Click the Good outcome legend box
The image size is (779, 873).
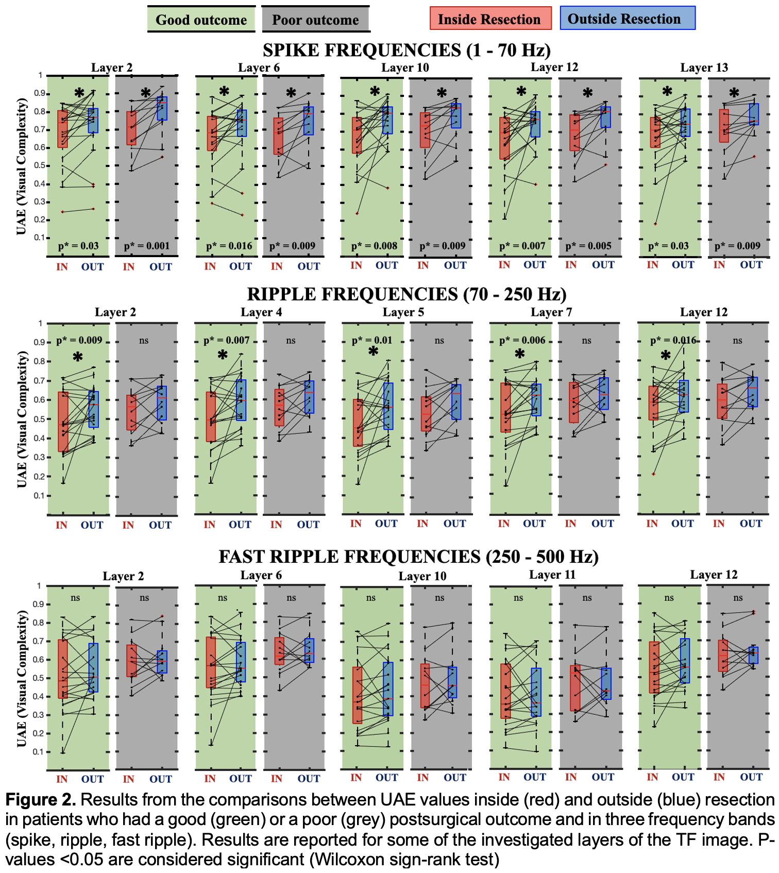click(201, 20)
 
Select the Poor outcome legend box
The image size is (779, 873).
click(315, 20)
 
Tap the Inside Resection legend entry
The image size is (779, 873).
click(490, 19)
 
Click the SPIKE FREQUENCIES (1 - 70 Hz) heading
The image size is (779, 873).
click(407, 50)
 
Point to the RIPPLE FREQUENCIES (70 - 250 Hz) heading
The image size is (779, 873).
click(407, 294)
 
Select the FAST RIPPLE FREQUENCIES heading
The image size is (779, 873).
click(409, 557)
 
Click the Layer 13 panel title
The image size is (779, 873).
click(704, 68)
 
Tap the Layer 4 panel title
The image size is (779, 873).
click(261, 312)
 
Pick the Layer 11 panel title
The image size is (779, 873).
click(552, 575)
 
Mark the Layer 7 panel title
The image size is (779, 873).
click(551, 312)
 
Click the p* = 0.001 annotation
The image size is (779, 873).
click(146, 246)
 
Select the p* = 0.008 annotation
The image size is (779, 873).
click(374, 246)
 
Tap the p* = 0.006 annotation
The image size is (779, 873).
click(522, 340)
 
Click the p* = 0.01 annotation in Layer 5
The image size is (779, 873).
click(371, 340)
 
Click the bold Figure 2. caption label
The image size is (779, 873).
click(41, 800)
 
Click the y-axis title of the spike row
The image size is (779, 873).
click(21, 166)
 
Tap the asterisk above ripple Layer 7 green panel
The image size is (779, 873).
click(520, 354)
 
